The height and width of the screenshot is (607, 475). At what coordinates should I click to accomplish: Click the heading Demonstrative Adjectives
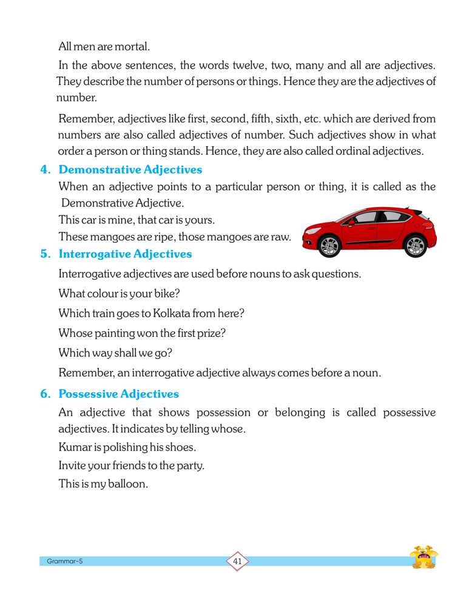pos(130,170)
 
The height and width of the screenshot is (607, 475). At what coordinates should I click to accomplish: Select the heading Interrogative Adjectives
pos(125,254)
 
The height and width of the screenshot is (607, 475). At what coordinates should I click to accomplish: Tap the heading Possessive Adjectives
pos(118,394)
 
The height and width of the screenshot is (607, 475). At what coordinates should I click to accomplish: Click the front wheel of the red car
pos(329,245)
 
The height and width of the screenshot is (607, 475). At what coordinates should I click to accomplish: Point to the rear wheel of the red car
pos(415,245)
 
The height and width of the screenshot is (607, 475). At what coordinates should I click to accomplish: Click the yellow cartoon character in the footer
pos(423,557)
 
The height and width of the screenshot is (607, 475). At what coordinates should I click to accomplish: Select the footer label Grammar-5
pos(64,561)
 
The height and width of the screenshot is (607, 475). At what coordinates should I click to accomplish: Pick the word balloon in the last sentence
pos(129,484)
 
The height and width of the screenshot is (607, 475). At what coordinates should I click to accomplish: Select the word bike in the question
pos(165,294)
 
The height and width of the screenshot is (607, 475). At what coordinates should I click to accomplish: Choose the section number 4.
pos(44,170)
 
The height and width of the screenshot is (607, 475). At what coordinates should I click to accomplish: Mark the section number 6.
pos(44,394)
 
